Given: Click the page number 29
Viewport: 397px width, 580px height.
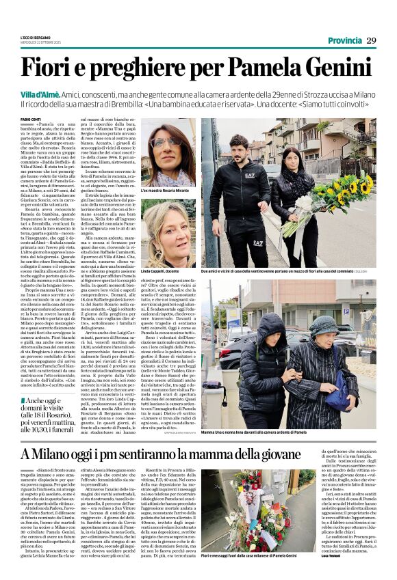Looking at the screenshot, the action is [371, 40].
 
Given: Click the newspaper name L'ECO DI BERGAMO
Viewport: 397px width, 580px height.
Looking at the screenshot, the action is [35, 37].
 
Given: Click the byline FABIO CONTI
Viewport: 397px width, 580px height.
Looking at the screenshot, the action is [31, 120].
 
